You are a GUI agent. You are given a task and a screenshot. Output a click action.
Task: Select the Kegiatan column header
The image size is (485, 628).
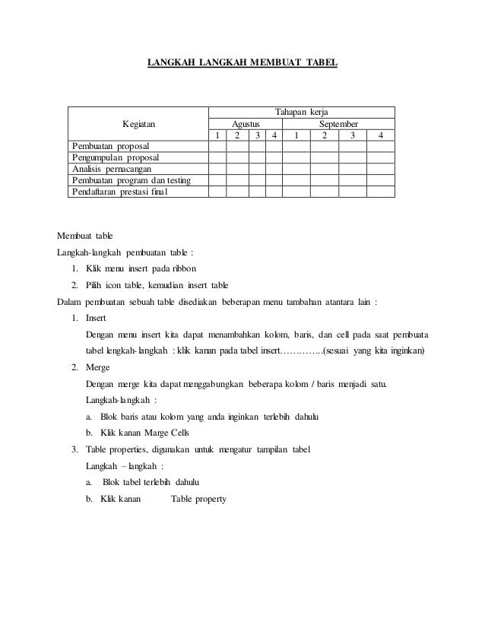pyautogui.click(x=138, y=123)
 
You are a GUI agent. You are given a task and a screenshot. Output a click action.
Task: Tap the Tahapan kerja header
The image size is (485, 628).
pyautogui.click(x=301, y=111)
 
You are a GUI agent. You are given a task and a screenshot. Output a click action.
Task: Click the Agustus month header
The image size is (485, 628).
pyautogui.click(x=245, y=123)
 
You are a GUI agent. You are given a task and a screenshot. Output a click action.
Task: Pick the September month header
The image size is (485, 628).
pyautogui.click(x=339, y=123)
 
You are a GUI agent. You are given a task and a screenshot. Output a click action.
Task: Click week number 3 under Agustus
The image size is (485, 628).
pyautogui.click(x=257, y=135)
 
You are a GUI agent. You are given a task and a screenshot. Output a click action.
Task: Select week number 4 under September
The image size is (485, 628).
pyautogui.click(x=380, y=135)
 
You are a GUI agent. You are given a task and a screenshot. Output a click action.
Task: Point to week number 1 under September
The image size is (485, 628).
pyautogui.click(x=296, y=135)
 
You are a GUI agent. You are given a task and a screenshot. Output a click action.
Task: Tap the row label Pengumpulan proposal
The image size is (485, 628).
pyautogui.click(x=115, y=157)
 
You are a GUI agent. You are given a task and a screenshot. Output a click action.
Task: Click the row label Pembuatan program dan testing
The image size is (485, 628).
pyautogui.click(x=130, y=180)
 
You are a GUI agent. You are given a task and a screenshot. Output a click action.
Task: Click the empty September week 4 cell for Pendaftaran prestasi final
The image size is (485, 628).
pyautogui.click(x=380, y=192)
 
